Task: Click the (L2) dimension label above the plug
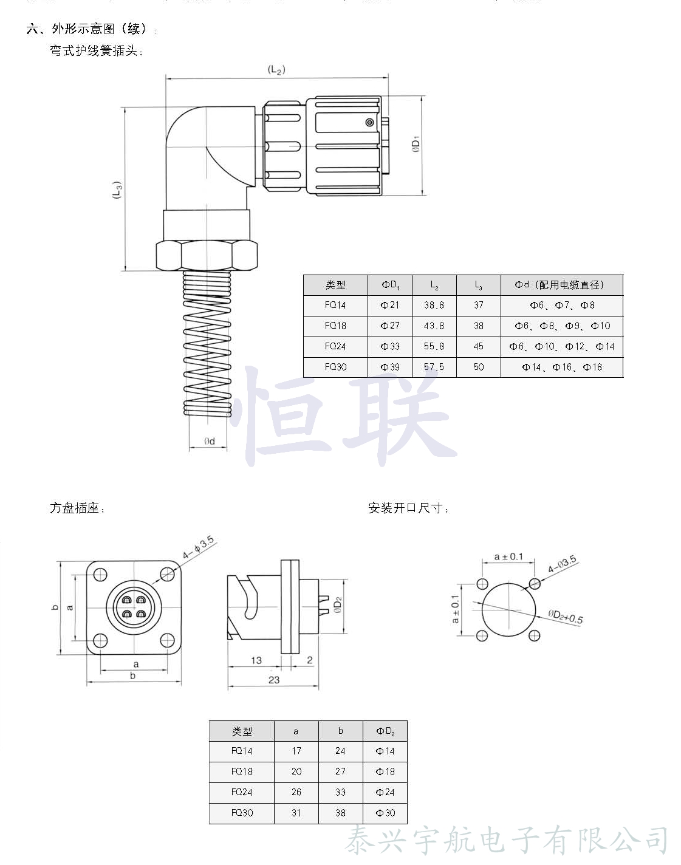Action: click(276, 70)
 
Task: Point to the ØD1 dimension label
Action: click(416, 144)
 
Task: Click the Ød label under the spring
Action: click(209, 441)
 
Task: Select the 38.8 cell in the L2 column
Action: click(434, 306)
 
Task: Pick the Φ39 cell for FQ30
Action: click(390, 367)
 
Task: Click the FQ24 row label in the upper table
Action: click(335, 346)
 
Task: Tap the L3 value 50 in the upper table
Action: click(479, 367)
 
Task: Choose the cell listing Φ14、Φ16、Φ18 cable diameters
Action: click(562, 367)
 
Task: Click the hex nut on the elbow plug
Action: click(207, 255)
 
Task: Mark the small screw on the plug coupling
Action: click(369, 123)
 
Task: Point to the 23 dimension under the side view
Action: click(274, 680)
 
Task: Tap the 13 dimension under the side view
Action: click(256, 660)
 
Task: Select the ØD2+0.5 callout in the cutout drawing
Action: click(565, 617)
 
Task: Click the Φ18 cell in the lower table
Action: click(385, 771)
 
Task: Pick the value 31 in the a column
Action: click(296, 813)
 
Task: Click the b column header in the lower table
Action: click(340, 731)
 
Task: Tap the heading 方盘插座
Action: click(77, 508)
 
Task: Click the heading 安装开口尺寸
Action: click(408, 508)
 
